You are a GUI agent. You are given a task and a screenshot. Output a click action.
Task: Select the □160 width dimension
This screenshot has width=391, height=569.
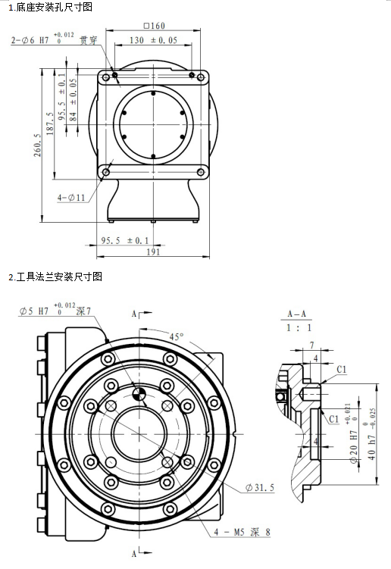tap(154, 26)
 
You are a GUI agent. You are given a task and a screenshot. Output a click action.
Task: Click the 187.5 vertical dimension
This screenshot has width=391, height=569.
tap(51, 121)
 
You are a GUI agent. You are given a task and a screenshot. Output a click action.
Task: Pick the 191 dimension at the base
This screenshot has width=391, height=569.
tap(154, 252)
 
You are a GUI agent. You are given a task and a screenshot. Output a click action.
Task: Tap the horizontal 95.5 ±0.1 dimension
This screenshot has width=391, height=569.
tap(125, 240)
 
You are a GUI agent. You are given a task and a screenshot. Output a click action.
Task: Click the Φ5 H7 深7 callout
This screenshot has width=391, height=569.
tap(55, 311)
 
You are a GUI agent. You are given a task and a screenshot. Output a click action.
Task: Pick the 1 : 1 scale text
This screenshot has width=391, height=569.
tap(297, 328)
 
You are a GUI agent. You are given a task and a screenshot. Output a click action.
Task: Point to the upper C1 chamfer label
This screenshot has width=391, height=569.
tap(342, 369)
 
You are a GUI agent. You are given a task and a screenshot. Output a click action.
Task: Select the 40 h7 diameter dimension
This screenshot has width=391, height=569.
tap(371, 432)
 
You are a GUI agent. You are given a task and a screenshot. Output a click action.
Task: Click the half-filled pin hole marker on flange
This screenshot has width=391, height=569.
tap(138, 392)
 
